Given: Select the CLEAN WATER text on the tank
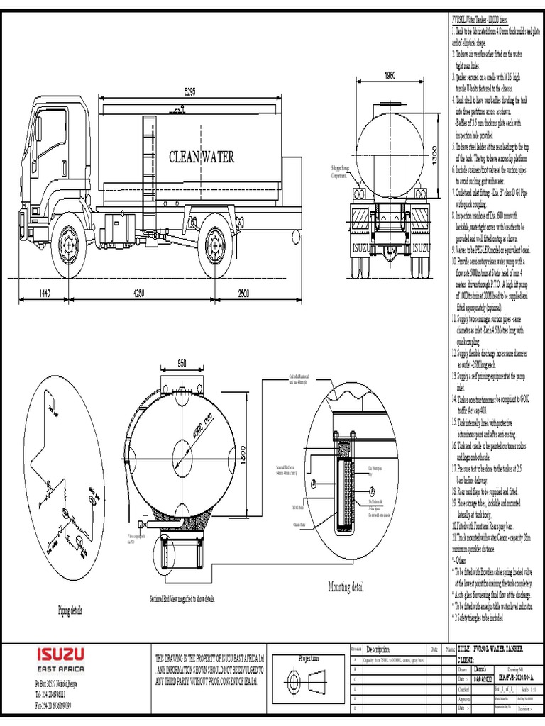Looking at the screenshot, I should click(x=201, y=157).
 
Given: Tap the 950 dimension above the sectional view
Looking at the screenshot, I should click(x=181, y=364).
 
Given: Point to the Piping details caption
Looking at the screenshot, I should click(x=70, y=610).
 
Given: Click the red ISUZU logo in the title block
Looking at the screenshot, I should click(x=60, y=653).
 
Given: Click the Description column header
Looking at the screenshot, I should click(x=378, y=649).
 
